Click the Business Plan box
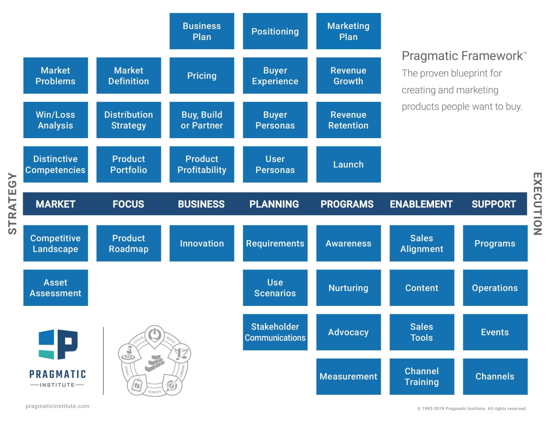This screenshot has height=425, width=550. pyautogui.click(x=202, y=31)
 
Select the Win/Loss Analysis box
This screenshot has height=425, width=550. pyautogui.click(x=55, y=120)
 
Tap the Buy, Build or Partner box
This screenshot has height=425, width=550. pyautogui.click(x=202, y=120)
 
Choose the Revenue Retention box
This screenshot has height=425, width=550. pyautogui.click(x=348, y=120)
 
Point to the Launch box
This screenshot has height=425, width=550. pyautogui.click(x=348, y=164)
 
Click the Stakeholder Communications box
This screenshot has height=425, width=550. pyautogui.click(x=275, y=332)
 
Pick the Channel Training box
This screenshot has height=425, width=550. pyautogui.click(x=422, y=376)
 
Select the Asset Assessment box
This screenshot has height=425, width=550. pyautogui.click(x=55, y=288)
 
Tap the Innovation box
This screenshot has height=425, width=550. pyautogui.click(x=202, y=243)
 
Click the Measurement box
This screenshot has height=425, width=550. pyautogui.click(x=348, y=376)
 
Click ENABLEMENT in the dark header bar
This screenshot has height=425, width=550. pyautogui.click(x=421, y=204)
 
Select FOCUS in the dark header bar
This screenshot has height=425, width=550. pyautogui.click(x=128, y=204)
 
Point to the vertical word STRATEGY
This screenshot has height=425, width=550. pyautogui.click(x=12, y=204)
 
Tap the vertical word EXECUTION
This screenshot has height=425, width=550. pyautogui.click(x=537, y=204)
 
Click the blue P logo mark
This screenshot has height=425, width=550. pyautogui.click(x=58, y=344)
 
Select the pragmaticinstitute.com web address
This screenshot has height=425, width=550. pyautogui.click(x=57, y=406)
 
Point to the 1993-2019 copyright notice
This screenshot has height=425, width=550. pyautogui.click(x=472, y=409)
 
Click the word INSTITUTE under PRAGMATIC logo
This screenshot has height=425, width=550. pyautogui.click(x=57, y=385)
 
